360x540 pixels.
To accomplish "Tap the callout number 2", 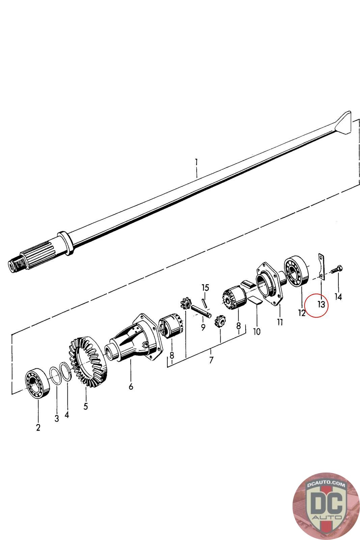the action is pos(38,427).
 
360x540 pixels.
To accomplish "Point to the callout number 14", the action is pos(338,297).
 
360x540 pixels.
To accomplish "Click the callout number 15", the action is pos(205,288).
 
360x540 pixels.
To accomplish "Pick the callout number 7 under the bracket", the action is pos(211,360).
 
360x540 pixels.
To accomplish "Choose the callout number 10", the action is pos(256,332).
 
